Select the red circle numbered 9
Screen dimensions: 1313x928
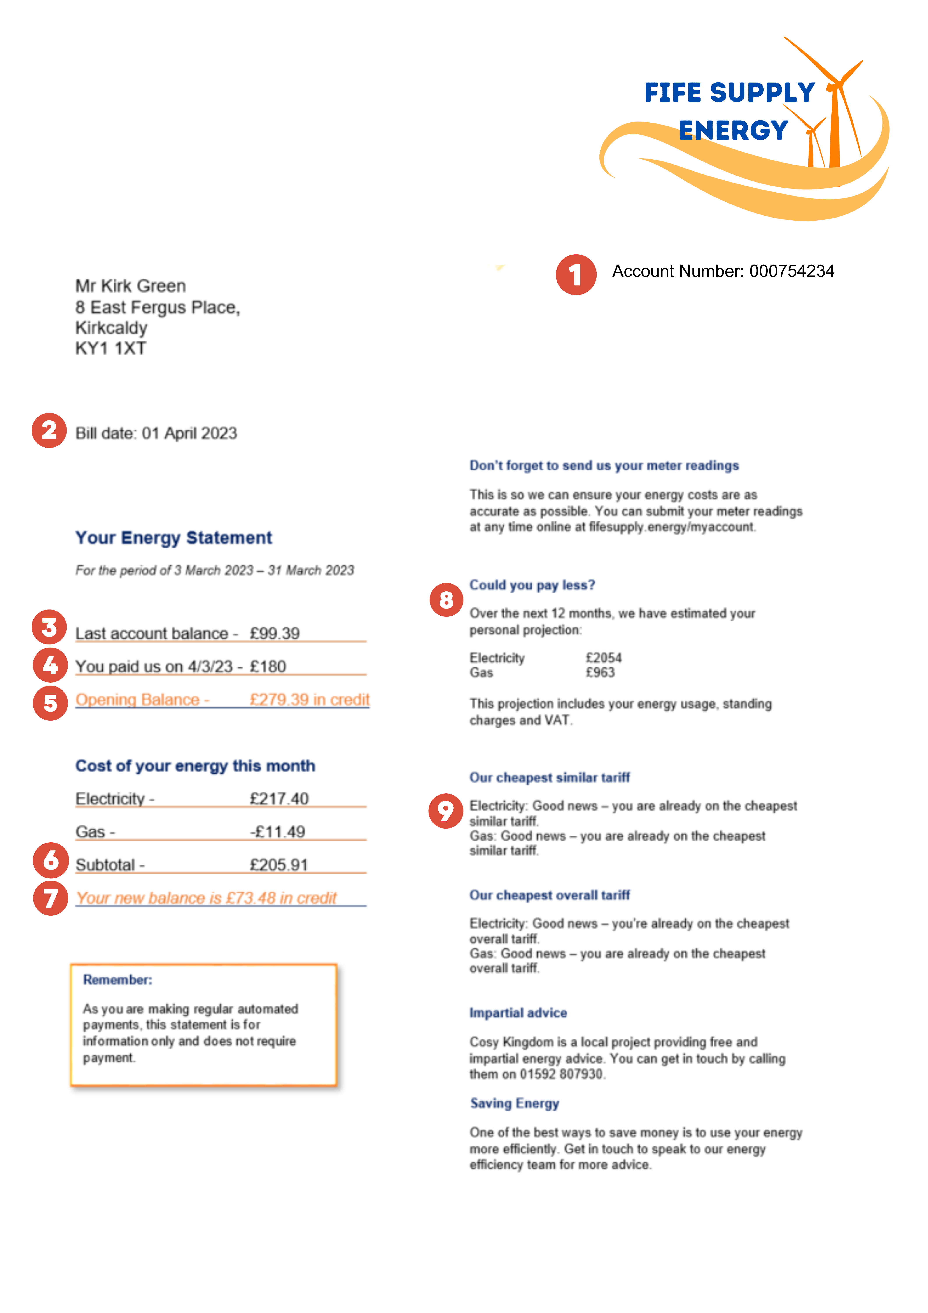click(x=445, y=810)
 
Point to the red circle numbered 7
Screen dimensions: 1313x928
click(x=50, y=898)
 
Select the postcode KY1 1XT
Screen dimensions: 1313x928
click(x=111, y=348)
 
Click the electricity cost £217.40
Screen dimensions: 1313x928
click(x=279, y=798)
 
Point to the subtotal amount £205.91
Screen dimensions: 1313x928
click(x=279, y=865)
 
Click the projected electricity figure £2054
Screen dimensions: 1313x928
click(x=603, y=658)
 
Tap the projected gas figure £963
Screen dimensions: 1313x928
click(x=600, y=672)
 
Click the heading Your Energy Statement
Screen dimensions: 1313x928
click(x=174, y=537)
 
